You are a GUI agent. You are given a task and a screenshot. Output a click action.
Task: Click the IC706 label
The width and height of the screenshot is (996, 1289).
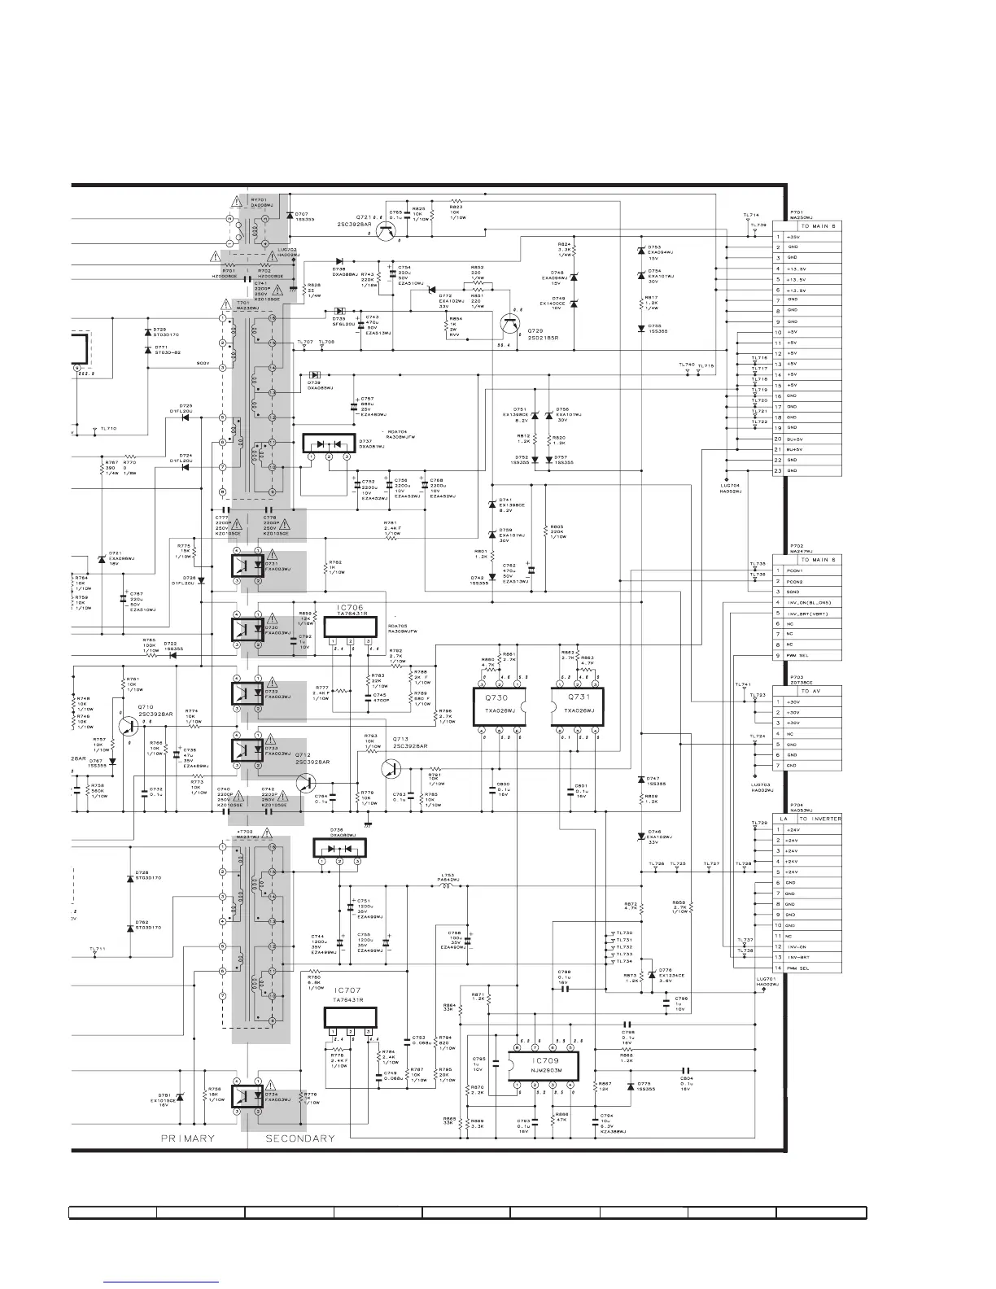(350, 607)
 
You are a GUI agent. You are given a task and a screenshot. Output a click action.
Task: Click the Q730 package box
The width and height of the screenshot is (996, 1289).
(497, 705)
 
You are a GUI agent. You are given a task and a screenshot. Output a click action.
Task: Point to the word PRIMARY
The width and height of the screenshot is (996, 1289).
(188, 1138)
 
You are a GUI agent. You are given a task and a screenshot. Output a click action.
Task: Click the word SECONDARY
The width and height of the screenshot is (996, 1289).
(300, 1138)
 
